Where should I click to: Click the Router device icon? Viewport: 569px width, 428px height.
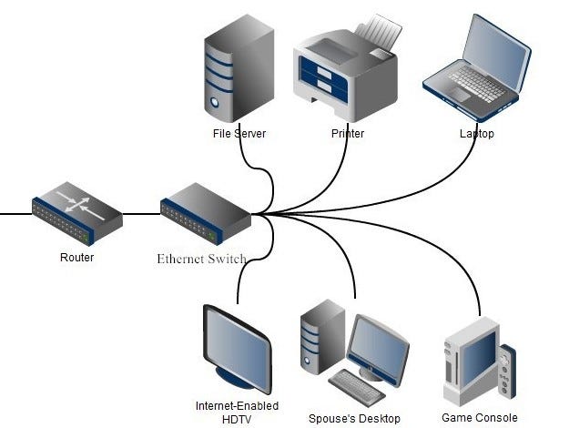76,215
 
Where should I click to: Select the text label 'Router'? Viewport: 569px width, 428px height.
76,258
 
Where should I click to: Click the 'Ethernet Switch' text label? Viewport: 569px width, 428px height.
202,259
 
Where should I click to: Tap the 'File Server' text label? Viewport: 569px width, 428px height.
239,134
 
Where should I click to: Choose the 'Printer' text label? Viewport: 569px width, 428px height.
348,134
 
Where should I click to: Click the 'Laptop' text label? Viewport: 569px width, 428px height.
476,134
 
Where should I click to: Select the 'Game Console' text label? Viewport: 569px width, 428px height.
479,418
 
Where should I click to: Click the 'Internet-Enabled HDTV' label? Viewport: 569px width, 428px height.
237,412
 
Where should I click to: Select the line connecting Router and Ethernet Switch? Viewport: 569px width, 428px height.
141,215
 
